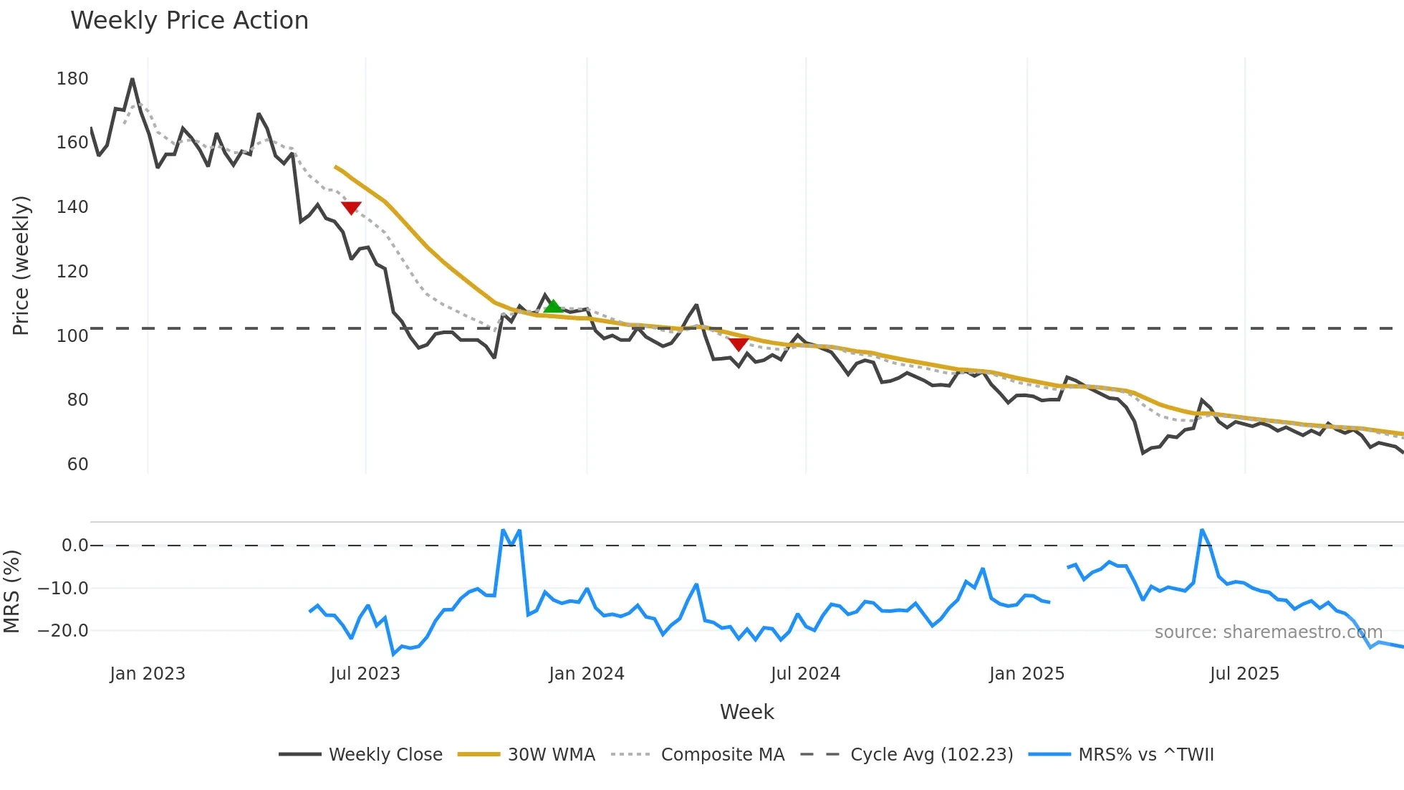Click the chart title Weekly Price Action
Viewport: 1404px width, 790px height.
[x=189, y=21]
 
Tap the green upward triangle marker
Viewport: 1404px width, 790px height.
[x=553, y=307]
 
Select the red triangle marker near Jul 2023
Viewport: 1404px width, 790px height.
[x=351, y=208]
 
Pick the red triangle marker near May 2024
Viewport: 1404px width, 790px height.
[x=739, y=344]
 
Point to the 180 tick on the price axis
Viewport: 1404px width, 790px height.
[x=72, y=79]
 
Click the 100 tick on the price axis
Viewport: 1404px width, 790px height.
[x=72, y=335]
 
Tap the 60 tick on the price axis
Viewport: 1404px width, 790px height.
[x=77, y=465]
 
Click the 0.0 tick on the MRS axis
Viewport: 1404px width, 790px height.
[x=74, y=546]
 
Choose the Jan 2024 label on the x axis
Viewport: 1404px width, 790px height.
[x=587, y=674]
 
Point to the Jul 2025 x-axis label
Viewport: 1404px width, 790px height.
[x=1244, y=674]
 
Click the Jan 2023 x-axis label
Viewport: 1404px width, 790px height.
[x=148, y=674]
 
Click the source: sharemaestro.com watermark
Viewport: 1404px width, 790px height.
[x=1268, y=632]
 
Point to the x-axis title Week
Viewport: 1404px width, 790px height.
[x=746, y=712]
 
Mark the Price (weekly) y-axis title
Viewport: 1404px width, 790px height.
[x=21, y=265]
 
